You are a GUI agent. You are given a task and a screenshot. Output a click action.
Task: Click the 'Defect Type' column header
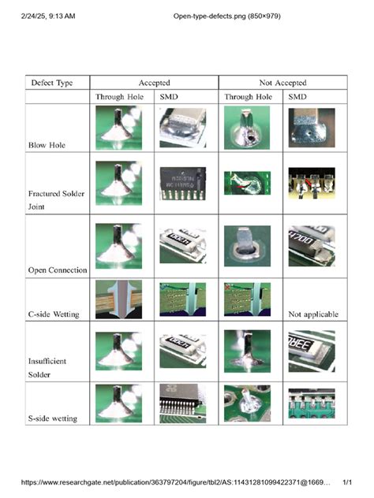(52, 82)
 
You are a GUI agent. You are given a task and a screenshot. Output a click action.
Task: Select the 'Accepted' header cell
(154, 82)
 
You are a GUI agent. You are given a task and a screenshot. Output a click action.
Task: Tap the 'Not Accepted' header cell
(282, 82)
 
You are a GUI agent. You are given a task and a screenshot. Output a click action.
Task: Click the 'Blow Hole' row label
(47, 146)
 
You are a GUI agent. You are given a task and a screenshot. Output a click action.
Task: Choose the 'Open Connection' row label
(58, 270)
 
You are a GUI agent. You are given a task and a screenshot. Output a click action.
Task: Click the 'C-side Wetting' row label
(54, 314)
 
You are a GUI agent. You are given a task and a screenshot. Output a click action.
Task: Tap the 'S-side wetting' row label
(53, 418)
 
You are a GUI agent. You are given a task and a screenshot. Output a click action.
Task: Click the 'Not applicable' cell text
(312, 314)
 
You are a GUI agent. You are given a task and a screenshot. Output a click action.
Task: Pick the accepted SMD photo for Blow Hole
(181, 128)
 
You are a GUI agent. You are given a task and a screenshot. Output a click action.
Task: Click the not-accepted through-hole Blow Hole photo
(247, 128)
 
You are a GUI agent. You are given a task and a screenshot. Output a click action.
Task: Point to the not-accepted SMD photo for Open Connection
(311, 244)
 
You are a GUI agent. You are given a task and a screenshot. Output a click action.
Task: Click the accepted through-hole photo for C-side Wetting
(118, 300)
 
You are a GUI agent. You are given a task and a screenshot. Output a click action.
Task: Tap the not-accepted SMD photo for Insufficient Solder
(311, 351)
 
